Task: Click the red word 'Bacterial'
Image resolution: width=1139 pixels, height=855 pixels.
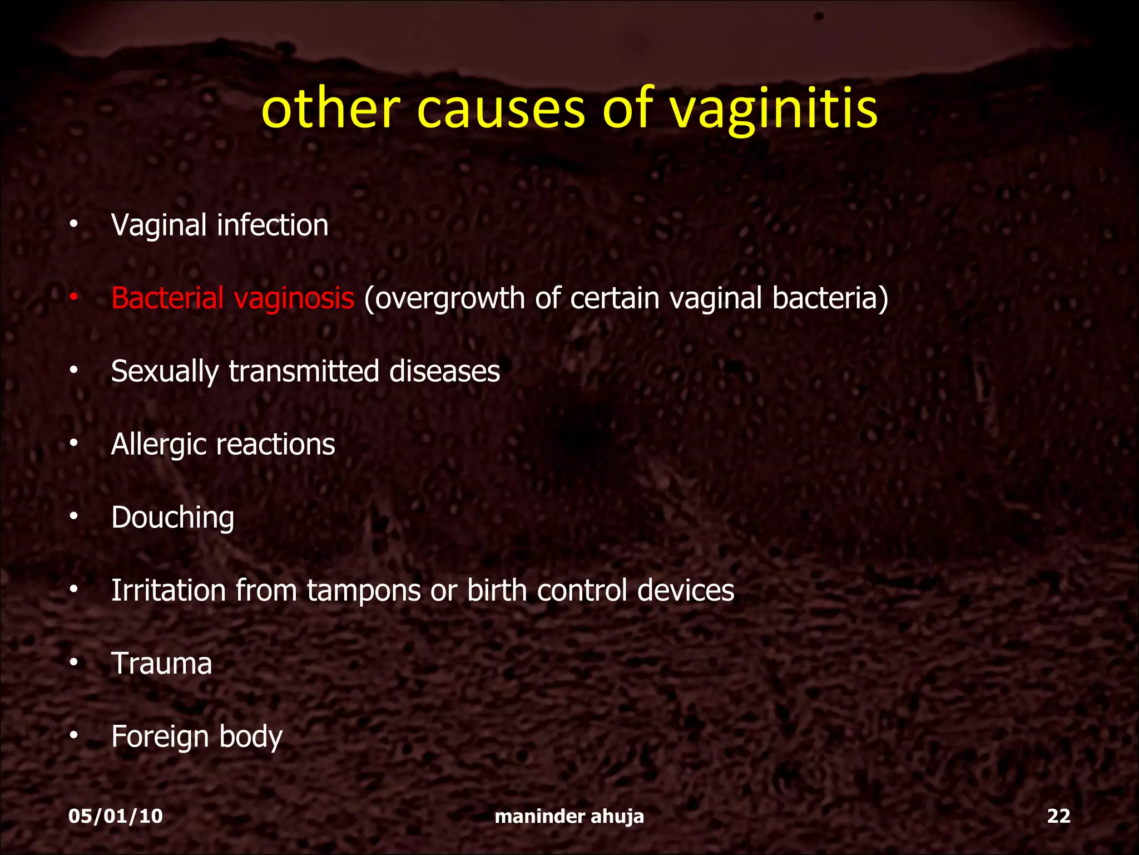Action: click(167, 298)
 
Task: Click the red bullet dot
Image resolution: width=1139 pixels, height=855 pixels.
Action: click(73, 299)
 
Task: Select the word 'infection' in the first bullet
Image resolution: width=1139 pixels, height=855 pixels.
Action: click(273, 225)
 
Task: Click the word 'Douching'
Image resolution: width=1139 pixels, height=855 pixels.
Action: click(172, 518)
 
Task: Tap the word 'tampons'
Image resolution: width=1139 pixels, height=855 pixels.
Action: click(364, 591)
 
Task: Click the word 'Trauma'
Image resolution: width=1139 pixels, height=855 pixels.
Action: click(162, 664)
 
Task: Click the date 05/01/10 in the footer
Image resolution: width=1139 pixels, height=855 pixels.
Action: click(116, 816)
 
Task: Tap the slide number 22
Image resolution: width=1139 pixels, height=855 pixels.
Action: click(1058, 816)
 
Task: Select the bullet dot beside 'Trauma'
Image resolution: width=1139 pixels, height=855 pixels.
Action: click(73, 664)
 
